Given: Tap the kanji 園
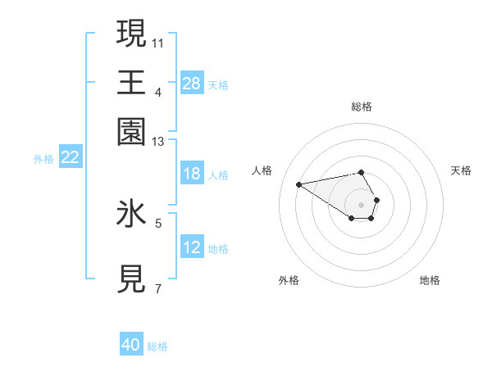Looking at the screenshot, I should tap(132, 131).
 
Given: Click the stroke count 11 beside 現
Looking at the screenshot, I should tap(158, 42).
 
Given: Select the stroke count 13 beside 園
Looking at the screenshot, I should tap(158, 142).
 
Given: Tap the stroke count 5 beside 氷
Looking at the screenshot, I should tap(158, 222).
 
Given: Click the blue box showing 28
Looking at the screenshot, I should tap(192, 83).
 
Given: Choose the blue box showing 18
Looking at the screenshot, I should tap(192, 174).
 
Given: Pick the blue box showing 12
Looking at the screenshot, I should tap(192, 247).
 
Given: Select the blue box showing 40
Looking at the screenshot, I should tap(131, 345).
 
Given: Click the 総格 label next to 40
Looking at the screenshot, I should tap(157, 346).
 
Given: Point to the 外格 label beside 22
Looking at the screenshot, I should tap(43, 159).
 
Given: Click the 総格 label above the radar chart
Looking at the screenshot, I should tap(362, 106).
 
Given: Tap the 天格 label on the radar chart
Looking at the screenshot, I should tap(461, 170).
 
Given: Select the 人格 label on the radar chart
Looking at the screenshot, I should tap(262, 170).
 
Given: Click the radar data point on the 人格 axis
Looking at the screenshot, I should tap(299, 183).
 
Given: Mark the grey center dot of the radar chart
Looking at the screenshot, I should tap(362, 204).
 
